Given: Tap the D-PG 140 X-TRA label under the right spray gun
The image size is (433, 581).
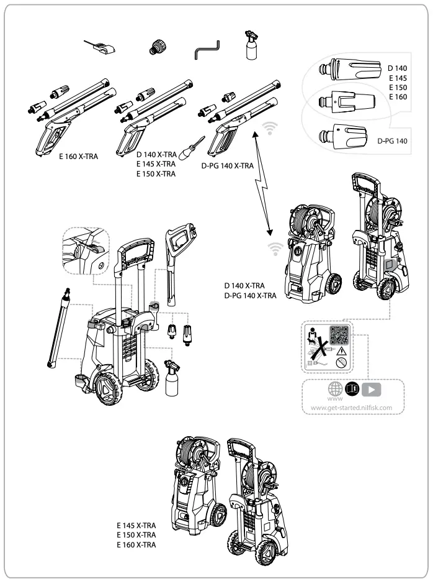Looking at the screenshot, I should [x=228, y=166].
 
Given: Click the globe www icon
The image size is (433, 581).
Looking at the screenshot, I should [x=335, y=389].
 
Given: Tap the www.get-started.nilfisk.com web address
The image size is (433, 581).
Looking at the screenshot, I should [x=351, y=408].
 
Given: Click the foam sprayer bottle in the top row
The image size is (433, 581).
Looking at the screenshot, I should [x=252, y=45].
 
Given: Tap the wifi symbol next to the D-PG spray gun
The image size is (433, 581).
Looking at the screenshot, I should [x=269, y=129].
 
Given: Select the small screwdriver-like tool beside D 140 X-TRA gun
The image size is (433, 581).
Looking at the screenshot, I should [x=194, y=147].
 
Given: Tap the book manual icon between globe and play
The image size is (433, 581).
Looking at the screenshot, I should [x=353, y=389].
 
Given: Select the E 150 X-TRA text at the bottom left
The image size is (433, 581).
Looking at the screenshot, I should [x=136, y=534].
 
